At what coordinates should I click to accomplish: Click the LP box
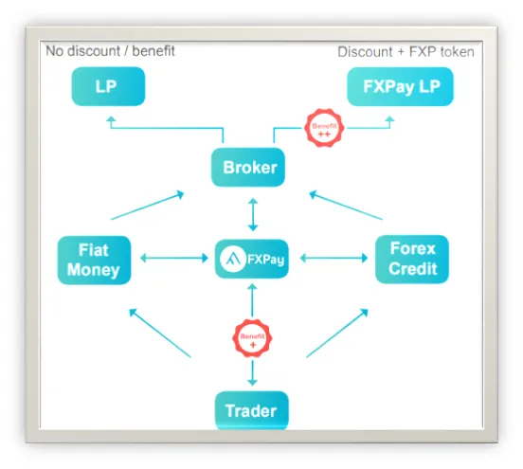(x=108, y=86)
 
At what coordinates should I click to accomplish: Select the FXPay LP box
(x=400, y=87)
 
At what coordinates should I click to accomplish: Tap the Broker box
(x=248, y=167)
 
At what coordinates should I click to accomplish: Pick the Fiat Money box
(x=94, y=261)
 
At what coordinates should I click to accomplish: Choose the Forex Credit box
(x=412, y=260)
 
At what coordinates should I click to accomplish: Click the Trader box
(x=252, y=410)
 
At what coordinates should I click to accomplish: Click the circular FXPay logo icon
(x=233, y=259)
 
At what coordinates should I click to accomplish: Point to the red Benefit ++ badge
(x=324, y=128)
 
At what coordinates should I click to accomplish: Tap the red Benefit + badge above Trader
(x=252, y=338)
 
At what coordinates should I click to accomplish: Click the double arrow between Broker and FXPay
(x=253, y=214)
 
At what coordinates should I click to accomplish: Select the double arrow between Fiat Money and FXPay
(x=174, y=258)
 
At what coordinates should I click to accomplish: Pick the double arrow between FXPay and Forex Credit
(x=334, y=258)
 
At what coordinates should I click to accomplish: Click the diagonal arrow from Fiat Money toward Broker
(x=148, y=205)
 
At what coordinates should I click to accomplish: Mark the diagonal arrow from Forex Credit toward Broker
(x=346, y=205)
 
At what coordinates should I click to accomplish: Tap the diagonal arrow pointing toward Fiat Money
(x=160, y=333)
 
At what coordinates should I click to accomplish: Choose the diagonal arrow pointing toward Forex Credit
(x=337, y=333)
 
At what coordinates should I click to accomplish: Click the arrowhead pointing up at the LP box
(x=111, y=119)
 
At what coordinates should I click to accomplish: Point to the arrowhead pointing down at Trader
(x=252, y=382)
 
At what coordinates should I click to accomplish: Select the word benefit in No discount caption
(x=153, y=51)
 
